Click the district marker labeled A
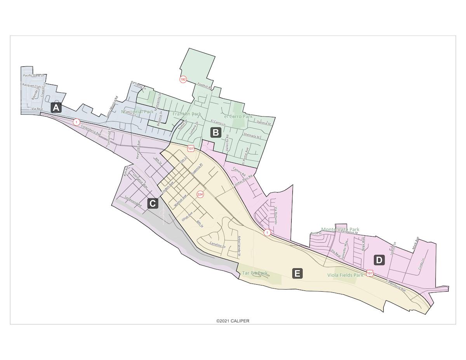(x=56, y=108)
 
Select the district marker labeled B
(x=216, y=132)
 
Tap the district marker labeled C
(x=153, y=203)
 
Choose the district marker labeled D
(x=379, y=260)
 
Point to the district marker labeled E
(x=297, y=273)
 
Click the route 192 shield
(x=183, y=79)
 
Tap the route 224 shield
(x=200, y=194)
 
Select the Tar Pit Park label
(x=255, y=273)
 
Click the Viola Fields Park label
(x=345, y=275)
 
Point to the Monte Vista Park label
(x=340, y=230)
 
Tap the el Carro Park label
(x=238, y=116)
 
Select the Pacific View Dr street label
(x=34, y=75)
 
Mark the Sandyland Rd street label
(x=133, y=202)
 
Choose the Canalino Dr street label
(x=217, y=245)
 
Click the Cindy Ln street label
(x=421, y=264)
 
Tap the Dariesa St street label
(x=263, y=123)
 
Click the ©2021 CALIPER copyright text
(x=233, y=321)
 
